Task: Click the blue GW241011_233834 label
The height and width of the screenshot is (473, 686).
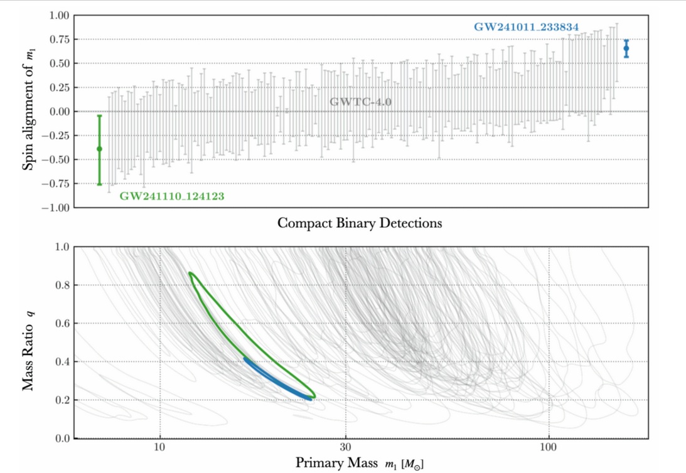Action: coord(526,28)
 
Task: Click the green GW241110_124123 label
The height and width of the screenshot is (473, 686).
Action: coord(172,196)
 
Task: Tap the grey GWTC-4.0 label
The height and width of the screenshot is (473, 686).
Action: coord(361,102)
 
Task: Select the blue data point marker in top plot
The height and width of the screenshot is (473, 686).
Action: coord(626,48)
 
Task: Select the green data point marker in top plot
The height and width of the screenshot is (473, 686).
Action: coord(99,149)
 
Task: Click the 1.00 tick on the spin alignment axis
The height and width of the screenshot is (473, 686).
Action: coord(56,16)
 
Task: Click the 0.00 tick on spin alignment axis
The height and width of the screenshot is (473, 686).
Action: coord(56,112)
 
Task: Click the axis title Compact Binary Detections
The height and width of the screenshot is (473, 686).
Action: coord(360,223)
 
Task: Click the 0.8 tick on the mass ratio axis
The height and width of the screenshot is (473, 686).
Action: coord(61,285)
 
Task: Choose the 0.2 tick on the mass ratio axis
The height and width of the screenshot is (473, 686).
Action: coord(61,400)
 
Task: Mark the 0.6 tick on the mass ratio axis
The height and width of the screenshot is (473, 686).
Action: coord(61,324)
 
